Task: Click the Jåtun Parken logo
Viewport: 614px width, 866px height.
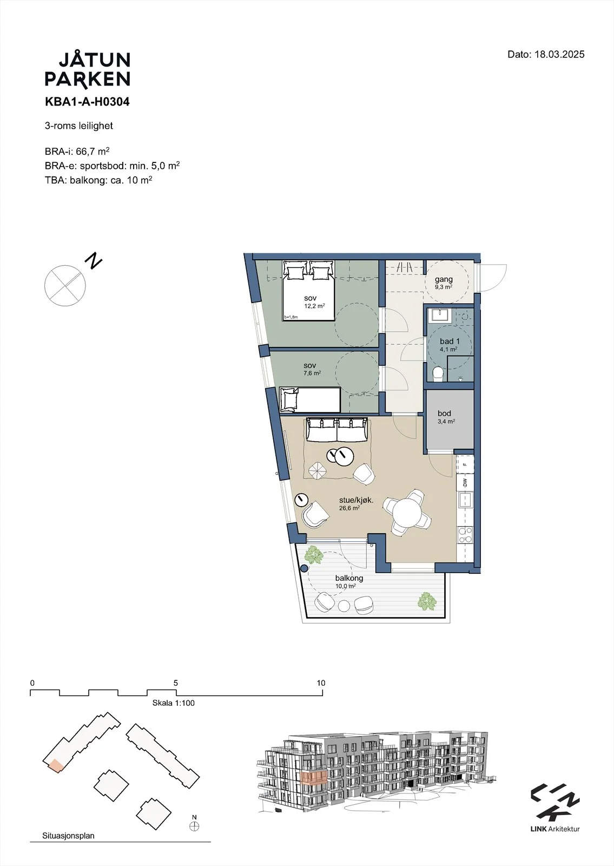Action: [88, 70]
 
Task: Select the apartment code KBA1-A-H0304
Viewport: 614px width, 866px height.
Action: [87, 102]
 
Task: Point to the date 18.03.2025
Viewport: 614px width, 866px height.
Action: [559, 54]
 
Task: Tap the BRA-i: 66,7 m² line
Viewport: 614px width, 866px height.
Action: [77, 151]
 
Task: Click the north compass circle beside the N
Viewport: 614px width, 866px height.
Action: [65, 286]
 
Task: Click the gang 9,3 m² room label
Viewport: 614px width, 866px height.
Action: [444, 282]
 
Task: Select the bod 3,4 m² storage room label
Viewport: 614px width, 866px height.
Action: [446, 417]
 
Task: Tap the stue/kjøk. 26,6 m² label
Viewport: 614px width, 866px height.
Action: [356, 503]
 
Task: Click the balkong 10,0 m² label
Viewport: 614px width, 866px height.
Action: [349, 581]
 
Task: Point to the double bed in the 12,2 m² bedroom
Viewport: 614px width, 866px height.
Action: [308, 290]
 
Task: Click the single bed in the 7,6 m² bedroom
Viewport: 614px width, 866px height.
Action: [310, 400]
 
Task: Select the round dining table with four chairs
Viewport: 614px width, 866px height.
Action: [407, 512]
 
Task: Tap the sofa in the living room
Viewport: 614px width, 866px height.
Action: [338, 429]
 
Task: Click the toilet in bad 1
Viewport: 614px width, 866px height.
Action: [438, 374]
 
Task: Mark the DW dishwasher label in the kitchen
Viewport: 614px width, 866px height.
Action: [465, 482]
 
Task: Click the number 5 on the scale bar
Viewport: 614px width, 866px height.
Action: [176, 683]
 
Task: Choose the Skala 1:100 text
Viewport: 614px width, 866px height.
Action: [174, 703]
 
